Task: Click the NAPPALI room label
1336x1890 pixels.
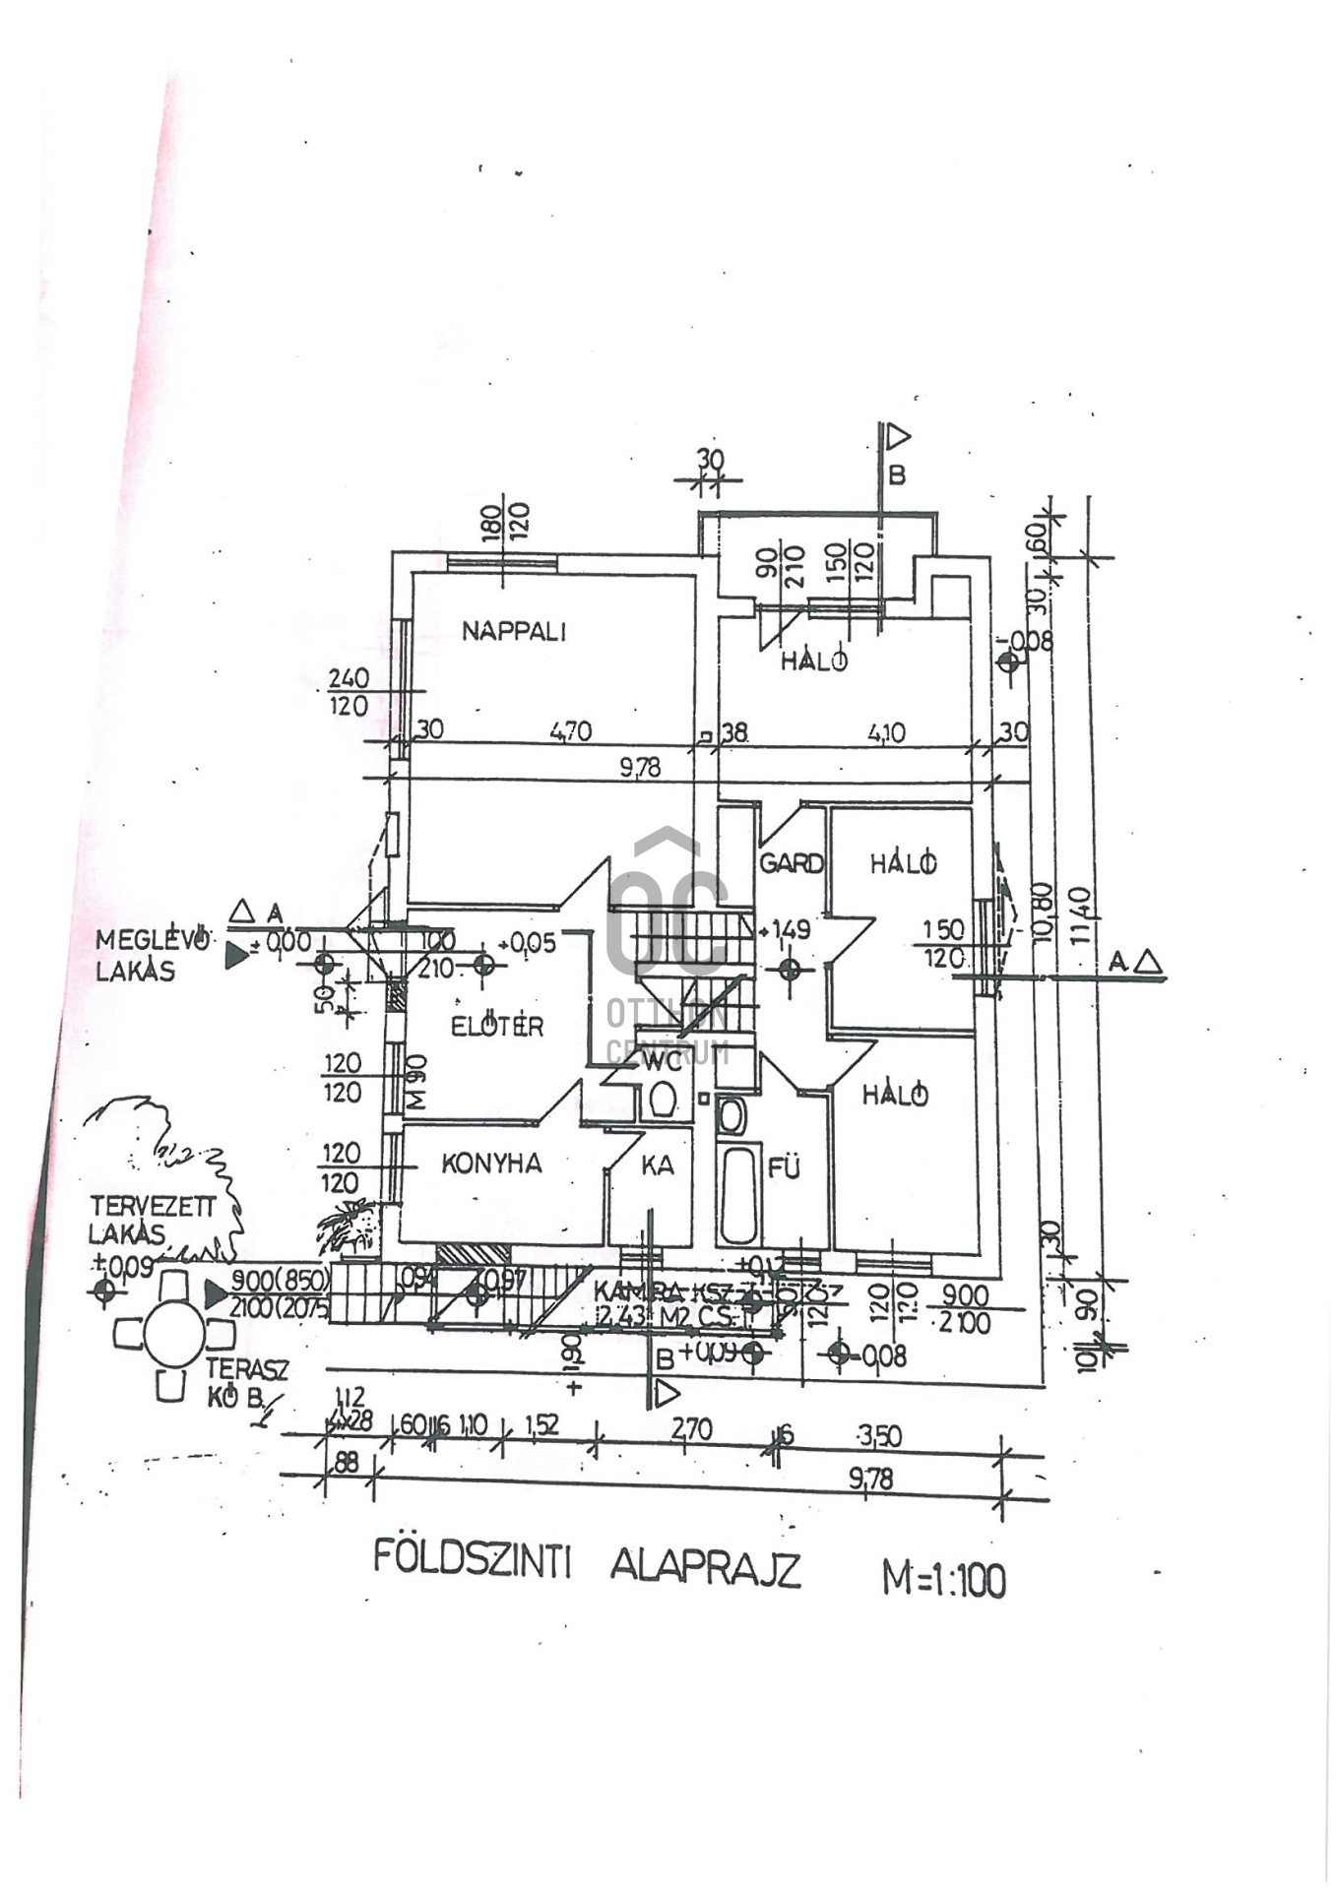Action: point(514,631)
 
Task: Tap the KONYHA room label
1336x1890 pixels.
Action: point(491,1164)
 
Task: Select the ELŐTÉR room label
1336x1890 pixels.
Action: point(496,1026)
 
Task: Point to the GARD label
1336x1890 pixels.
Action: point(791,863)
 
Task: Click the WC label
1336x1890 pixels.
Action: point(661,1060)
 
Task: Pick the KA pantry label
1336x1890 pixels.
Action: point(657,1165)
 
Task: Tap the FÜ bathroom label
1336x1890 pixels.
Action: point(784,1168)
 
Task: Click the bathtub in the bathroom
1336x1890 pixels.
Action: point(738,1193)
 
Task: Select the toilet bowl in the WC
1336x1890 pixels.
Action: point(663,1099)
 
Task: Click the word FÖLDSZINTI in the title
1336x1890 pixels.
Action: point(472,1560)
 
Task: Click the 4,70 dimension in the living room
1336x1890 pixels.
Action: point(570,730)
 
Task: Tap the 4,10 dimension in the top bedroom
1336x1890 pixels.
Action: point(886,732)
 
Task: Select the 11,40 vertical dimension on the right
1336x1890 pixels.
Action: point(1080,914)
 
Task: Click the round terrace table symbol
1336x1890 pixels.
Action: point(174,1334)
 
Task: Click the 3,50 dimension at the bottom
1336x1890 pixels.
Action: point(878,1435)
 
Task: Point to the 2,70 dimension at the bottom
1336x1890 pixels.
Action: point(691,1428)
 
